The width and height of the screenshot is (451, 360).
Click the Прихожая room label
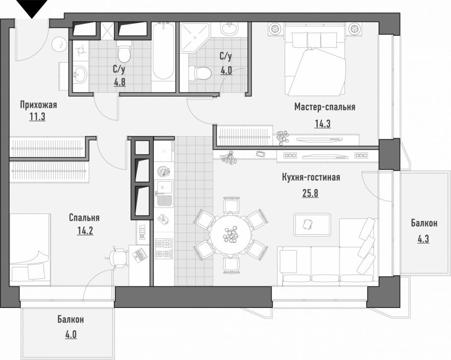pos(39,104)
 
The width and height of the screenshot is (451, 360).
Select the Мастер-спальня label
pos(325,107)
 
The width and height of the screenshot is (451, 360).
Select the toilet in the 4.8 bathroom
pos(123,50)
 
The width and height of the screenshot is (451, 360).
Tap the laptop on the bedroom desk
pos(138,255)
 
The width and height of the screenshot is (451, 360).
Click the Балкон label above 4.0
pos(70,320)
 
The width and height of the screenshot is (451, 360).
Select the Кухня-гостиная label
pos(310,178)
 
